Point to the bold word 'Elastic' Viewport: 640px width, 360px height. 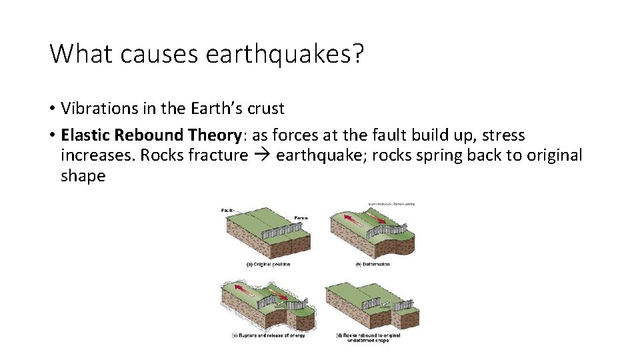pos(86,135)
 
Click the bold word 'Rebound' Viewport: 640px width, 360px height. pos(149,135)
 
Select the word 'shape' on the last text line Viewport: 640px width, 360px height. pos(83,176)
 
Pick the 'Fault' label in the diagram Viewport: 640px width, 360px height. pos(227,211)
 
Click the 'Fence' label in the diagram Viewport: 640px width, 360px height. pos(300,218)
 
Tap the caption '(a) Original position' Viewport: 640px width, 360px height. pos(268,264)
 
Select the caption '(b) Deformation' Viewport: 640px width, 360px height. pos(372,264)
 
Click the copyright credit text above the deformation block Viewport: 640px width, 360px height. pos(391,203)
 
